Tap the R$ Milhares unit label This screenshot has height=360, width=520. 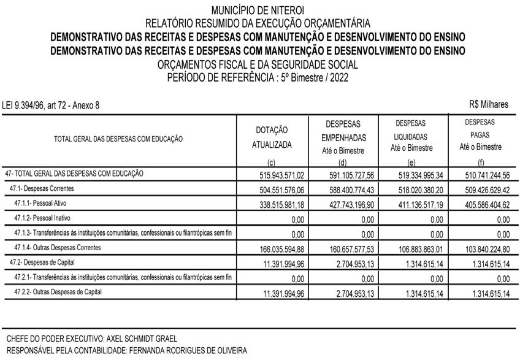click(488, 105)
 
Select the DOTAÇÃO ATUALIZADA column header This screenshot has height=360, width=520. click(272, 137)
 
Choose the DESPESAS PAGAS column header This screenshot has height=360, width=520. click(480, 134)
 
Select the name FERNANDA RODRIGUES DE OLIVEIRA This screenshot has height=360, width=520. click(187, 351)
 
